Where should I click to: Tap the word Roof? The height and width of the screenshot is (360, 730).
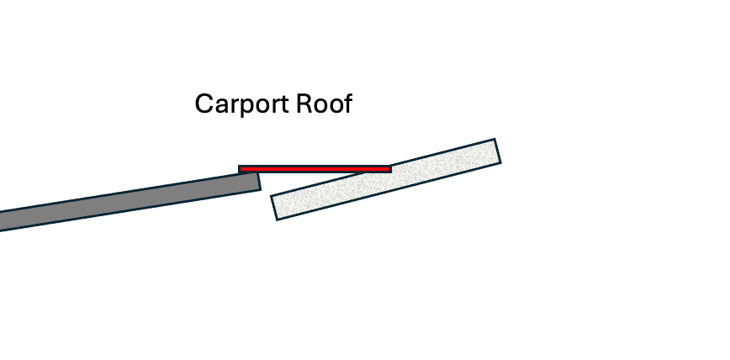coord(324,104)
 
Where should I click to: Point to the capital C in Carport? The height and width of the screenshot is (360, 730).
coord(203,105)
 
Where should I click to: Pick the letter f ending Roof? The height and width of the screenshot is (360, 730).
coord(346,103)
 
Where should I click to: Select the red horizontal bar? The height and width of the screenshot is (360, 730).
coord(315,169)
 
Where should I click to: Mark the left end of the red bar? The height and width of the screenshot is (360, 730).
coord(241,169)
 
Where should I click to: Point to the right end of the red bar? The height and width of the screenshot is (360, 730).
coord(389,169)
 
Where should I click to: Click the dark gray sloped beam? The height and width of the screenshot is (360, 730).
coord(126,201)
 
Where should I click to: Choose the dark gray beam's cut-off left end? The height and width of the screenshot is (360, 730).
coord(3,220)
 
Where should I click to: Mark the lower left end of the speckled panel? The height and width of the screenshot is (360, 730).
coord(276,208)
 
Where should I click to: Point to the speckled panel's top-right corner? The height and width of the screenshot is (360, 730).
coord(494,140)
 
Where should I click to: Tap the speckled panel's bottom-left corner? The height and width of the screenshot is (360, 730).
coord(278,220)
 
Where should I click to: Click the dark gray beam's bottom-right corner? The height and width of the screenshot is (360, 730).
coord(260,189)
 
